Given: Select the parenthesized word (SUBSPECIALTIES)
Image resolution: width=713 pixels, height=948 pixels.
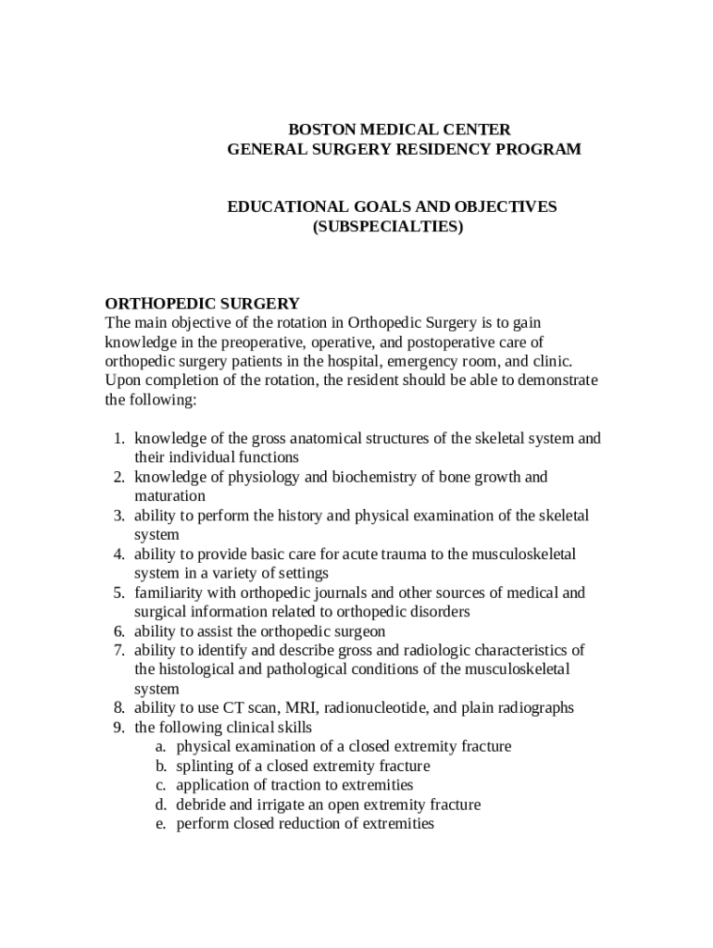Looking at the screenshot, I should tap(387, 226).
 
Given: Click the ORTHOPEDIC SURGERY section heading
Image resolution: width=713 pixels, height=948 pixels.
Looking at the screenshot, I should tap(202, 303).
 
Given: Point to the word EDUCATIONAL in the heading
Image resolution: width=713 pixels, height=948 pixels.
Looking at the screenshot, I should tap(283, 206).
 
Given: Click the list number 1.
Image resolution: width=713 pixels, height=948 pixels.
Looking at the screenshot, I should tap(119, 439).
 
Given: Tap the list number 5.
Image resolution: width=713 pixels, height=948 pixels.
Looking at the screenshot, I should tap(119, 592).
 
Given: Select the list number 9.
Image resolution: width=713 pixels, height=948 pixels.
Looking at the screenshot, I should tap(119, 728).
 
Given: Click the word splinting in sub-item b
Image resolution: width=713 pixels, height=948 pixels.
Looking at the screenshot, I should tap(207, 767).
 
